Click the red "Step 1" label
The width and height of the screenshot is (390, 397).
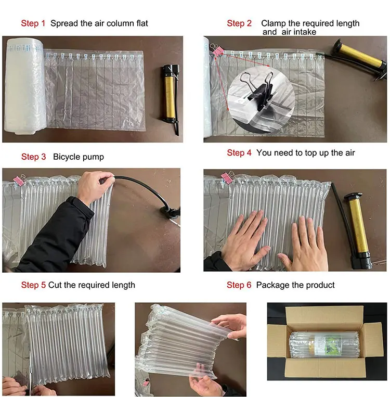coord(33,23)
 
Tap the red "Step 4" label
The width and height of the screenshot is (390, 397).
coord(239,153)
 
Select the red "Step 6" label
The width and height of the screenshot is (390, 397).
coord(239,285)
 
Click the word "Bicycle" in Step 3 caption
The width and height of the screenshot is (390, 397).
coord(68,157)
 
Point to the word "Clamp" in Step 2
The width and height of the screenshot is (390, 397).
coord(272,23)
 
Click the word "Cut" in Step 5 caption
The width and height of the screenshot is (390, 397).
coord(55,285)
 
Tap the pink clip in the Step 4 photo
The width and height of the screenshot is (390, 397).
coord(227,177)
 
